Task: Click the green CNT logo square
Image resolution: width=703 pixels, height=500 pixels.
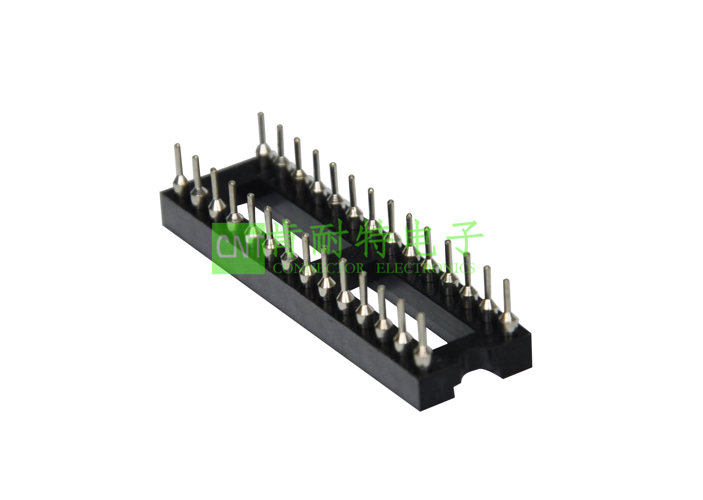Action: (238, 248)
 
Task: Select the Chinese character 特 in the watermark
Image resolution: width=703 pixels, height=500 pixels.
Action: (375, 238)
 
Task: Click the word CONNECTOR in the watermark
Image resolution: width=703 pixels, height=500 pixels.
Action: (318, 268)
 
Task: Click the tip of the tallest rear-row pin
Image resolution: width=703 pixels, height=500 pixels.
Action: (260, 115)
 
